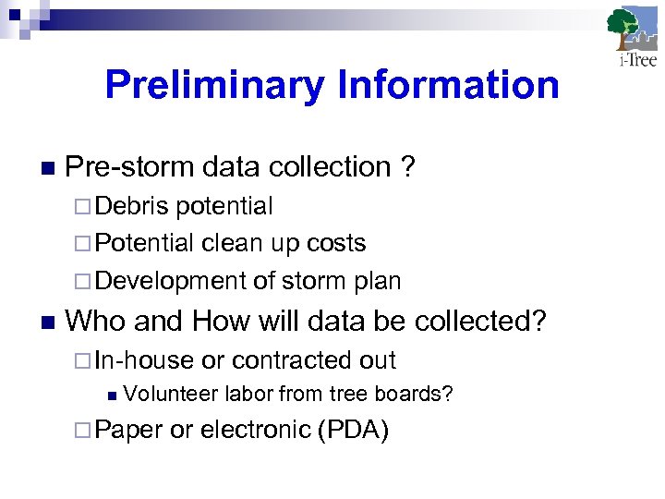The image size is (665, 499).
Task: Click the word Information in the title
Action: (448, 86)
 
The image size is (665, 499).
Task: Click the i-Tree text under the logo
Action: (636, 61)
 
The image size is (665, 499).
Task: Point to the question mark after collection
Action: (407, 167)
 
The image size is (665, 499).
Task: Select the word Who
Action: (94, 322)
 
